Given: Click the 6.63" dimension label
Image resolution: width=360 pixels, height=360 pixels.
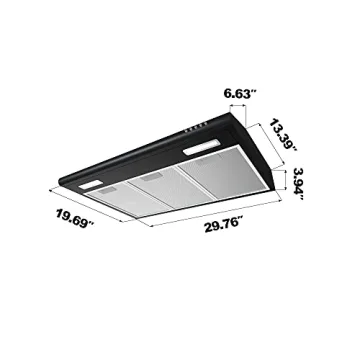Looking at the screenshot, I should pos(241,93).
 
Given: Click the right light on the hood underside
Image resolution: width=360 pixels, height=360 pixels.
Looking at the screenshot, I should pos(203,151).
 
